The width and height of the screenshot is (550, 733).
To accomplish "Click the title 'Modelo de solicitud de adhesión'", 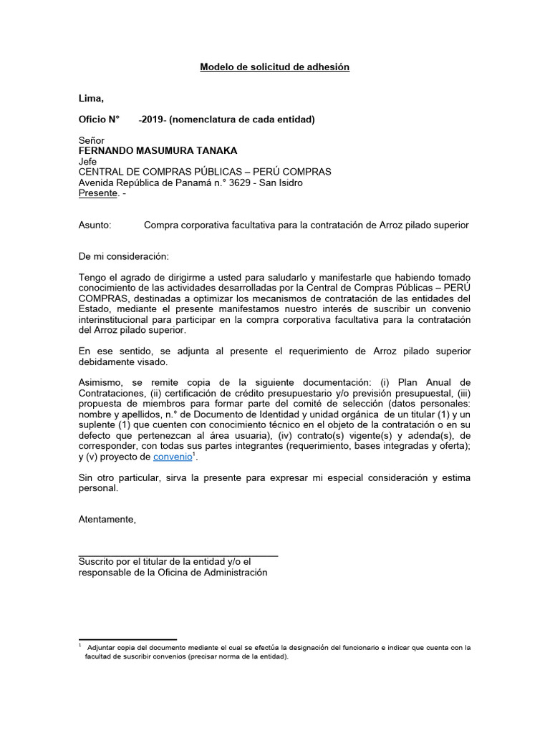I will coord(274,67).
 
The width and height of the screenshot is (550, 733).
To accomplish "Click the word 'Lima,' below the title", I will coord(91,98).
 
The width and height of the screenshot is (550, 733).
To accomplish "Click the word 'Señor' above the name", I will coord(91,140).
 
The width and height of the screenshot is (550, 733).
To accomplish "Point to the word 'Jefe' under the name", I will coord(87,162).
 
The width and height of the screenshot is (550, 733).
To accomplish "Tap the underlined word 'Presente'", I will coord(97,193).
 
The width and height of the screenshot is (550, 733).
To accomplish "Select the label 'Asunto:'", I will coord(95,225).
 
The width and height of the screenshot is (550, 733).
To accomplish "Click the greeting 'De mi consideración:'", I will coord(123,256).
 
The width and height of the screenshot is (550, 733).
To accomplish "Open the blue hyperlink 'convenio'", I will coord(173,457).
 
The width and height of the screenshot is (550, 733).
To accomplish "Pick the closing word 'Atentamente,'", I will coord(107,519).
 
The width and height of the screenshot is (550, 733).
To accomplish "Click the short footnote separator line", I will coord(127,639).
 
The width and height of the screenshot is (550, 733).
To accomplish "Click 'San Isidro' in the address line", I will coord(280,183).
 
